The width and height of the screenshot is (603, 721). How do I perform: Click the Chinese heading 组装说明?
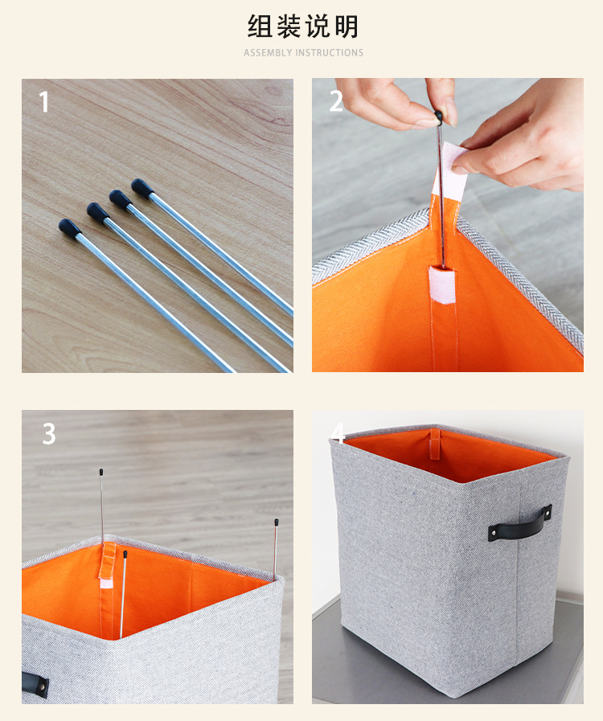(302, 27)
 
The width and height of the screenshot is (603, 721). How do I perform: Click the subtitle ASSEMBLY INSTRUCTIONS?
(304, 53)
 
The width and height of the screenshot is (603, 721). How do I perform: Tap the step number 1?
(44, 101)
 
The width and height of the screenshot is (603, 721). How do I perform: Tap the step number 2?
(336, 101)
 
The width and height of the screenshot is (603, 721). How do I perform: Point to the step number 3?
(49, 433)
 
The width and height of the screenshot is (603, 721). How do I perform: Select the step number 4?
(338, 432)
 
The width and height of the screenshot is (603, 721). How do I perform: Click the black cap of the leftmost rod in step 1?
(69, 228)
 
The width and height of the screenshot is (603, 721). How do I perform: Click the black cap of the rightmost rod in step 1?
(142, 187)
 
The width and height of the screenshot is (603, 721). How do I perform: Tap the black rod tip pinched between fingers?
(438, 117)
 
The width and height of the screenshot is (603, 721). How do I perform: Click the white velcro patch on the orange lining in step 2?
(442, 285)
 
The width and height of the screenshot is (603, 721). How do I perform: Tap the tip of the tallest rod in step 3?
(100, 472)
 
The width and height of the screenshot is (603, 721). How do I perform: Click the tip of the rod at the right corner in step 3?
(276, 522)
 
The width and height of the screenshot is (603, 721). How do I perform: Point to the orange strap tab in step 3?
(107, 560)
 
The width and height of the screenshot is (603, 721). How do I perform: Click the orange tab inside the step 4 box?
(435, 444)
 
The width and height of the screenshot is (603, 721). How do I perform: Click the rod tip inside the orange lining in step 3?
(125, 554)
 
